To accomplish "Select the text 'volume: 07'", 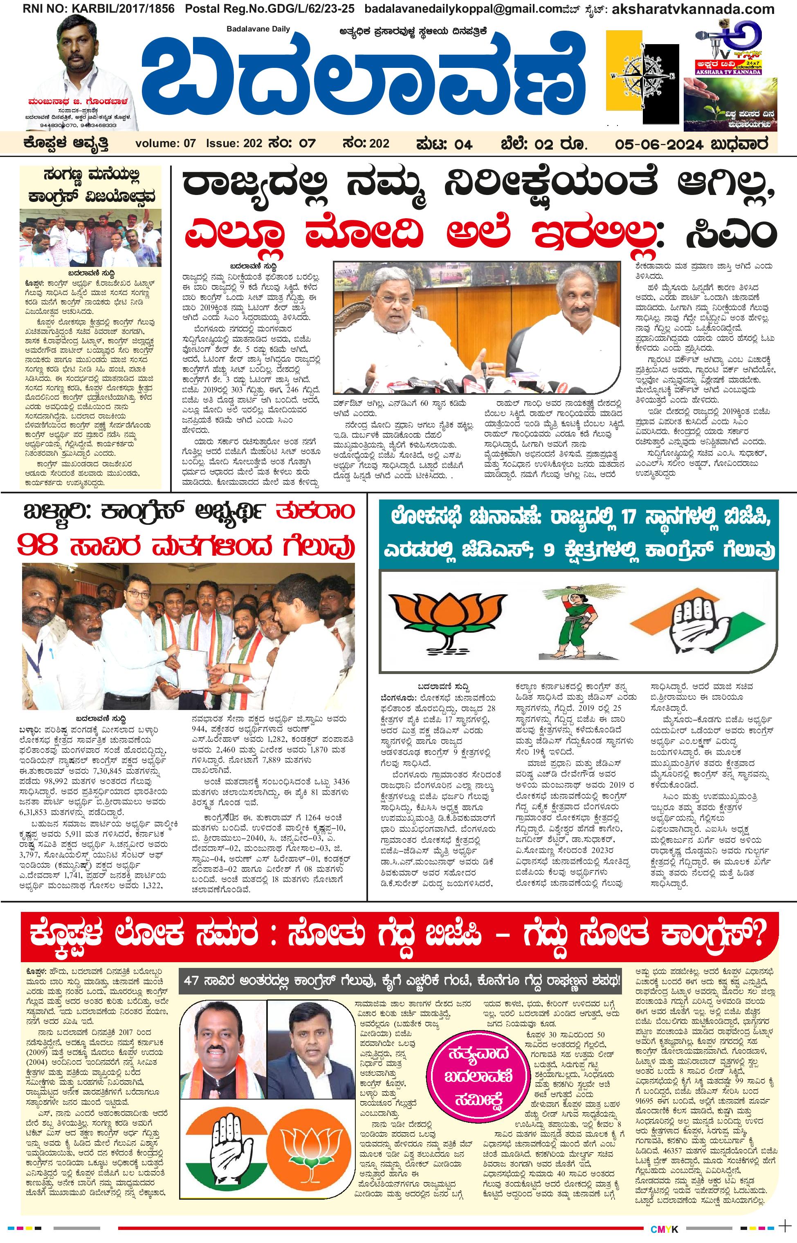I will pyautogui.click(x=166, y=144).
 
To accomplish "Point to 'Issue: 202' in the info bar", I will pyautogui.click(x=234, y=144).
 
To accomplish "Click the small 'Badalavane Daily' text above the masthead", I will pyautogui.click(x=258, y=29).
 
